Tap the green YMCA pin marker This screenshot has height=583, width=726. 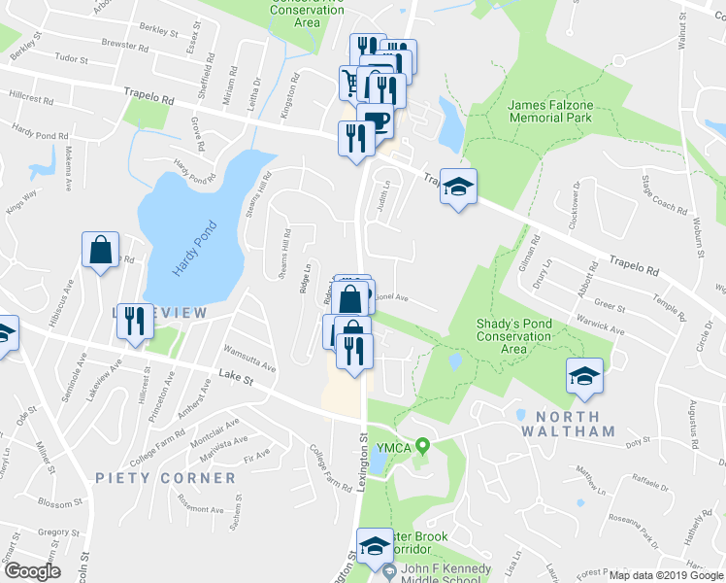pos(422,447)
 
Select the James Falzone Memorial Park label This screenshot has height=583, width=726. pos(549,110)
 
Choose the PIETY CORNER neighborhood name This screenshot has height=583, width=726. pos(165,478)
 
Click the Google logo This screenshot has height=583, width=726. pos(31,571)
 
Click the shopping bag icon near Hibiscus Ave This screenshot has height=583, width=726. pos(100,252)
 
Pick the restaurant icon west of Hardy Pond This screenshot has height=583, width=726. pos(135,322)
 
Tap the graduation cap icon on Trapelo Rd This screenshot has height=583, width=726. pos(459,187)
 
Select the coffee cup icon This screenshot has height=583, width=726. pos(376,122)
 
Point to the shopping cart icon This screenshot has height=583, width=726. pos(350,84)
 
